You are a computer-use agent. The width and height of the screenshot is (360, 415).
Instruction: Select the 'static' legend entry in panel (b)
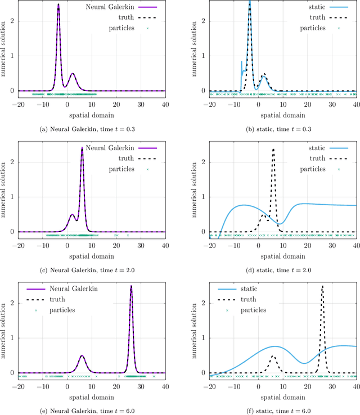304,8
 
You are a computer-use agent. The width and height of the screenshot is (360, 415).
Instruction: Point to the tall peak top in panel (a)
58,5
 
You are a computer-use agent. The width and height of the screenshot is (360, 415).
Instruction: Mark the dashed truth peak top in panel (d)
273,149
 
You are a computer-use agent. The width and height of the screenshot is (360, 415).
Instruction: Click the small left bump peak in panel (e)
82,355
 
